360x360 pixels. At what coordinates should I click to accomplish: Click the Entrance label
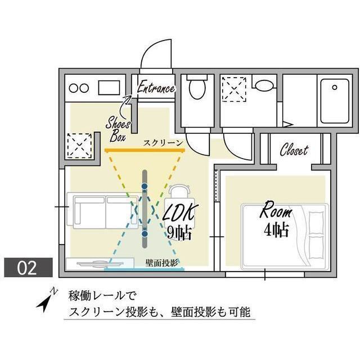156,88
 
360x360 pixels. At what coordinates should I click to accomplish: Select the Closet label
294,150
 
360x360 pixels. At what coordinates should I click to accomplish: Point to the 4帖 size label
275,230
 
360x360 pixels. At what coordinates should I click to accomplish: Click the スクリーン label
163,143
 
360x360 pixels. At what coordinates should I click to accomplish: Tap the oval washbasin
263,85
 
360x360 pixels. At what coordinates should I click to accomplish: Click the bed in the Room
284,233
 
